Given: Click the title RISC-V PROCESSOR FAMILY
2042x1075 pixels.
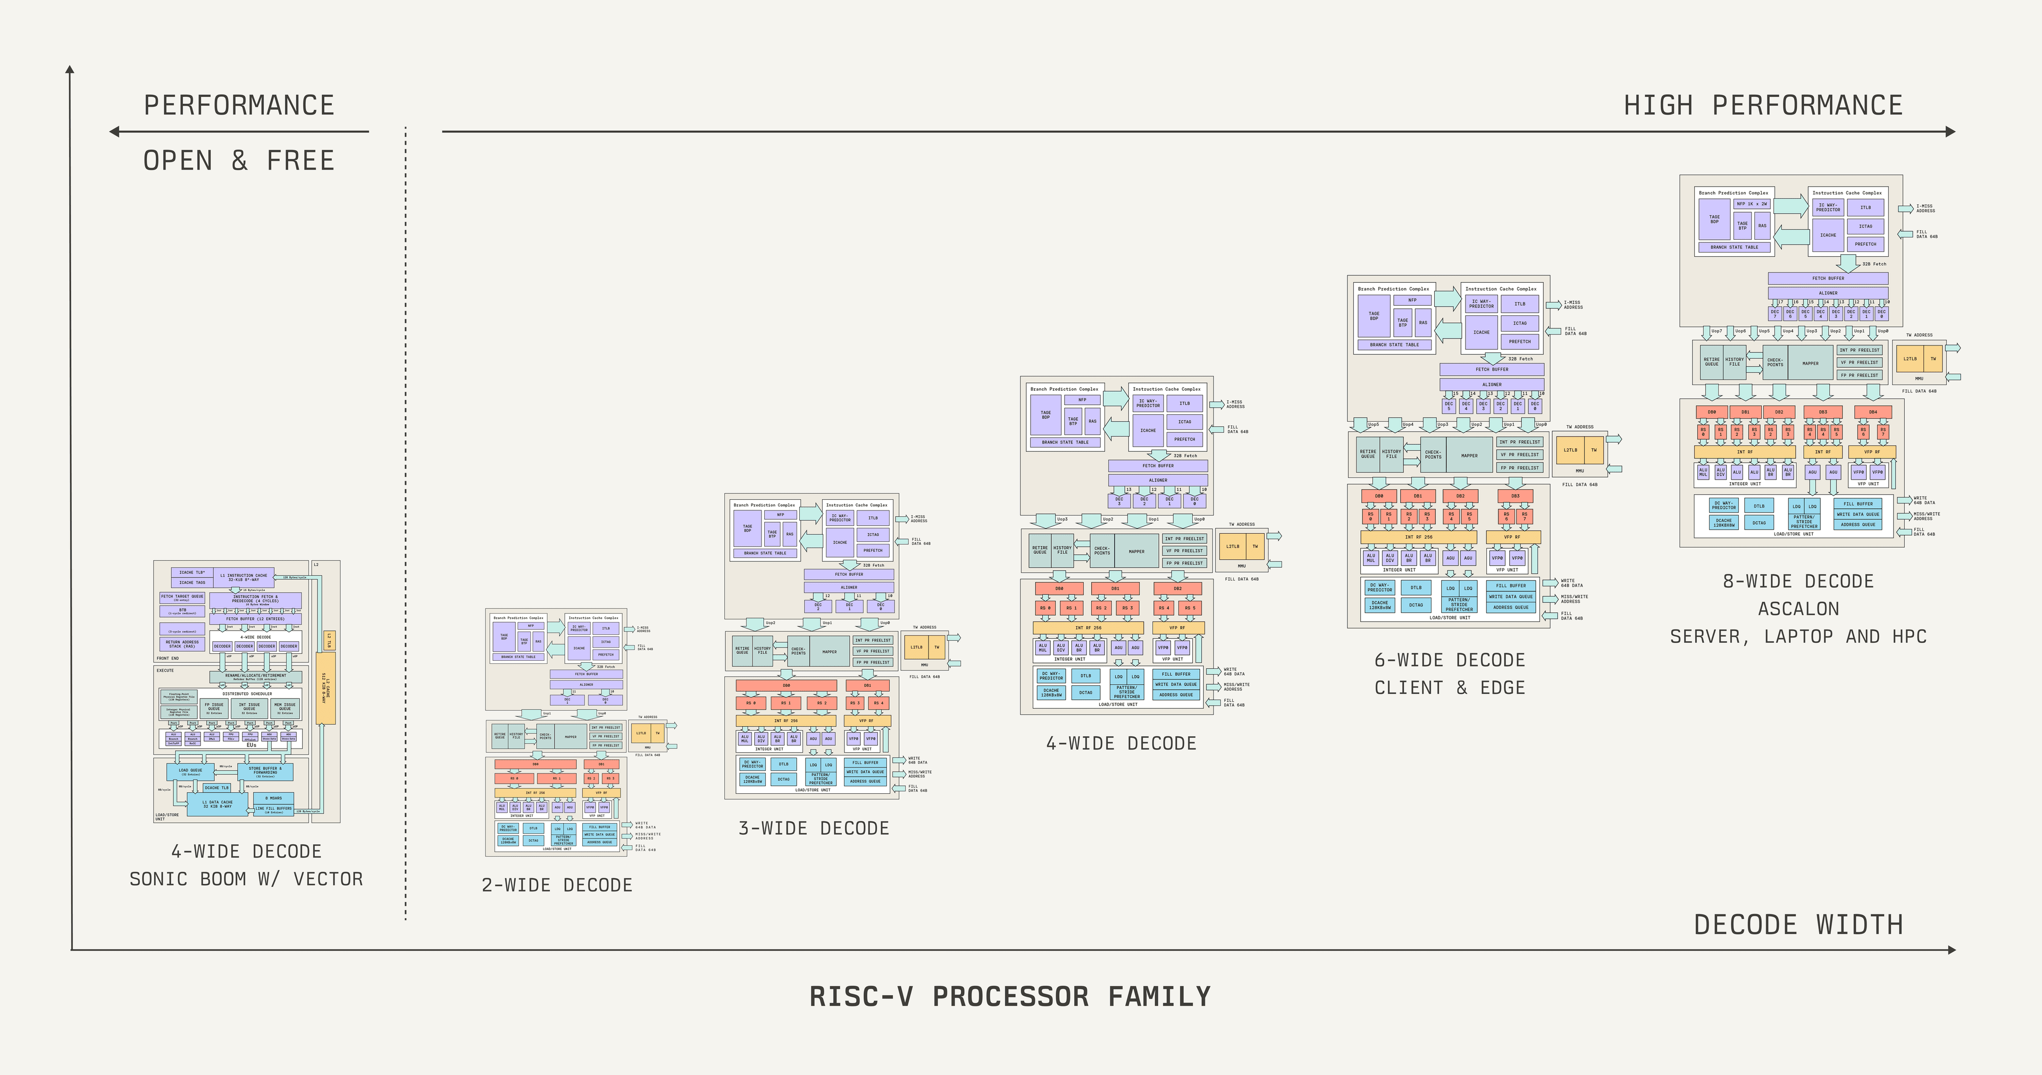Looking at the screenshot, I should click(1010, 996).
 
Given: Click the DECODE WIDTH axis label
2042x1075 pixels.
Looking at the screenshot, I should click(1798, 925).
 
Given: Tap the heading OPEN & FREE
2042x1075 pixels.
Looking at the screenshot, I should click(239, 161).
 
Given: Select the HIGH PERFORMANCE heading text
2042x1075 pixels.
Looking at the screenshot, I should click(1763, 105).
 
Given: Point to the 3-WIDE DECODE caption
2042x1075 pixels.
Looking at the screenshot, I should click(813, 828).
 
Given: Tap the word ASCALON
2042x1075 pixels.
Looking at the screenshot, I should click(1798, 609).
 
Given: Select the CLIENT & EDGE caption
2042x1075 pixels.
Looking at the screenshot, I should click(1449, 688).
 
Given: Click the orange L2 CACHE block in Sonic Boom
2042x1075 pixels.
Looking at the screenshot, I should click(325, 687).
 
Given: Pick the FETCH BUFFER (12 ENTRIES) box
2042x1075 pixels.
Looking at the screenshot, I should click(255, 618).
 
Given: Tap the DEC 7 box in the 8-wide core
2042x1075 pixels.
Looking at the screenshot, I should click(1775, 314).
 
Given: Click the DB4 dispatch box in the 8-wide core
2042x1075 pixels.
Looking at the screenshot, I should click(1872, 412).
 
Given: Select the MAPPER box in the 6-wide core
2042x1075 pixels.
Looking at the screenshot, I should click(1469, 456).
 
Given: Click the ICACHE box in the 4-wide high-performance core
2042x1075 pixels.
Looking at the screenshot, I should click(1148, 431).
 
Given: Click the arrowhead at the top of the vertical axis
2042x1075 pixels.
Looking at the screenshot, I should click(70, 70).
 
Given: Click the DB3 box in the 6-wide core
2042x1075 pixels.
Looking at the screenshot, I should click(1515, 496).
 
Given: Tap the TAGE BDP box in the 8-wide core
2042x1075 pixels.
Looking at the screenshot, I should click(1714, 220).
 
